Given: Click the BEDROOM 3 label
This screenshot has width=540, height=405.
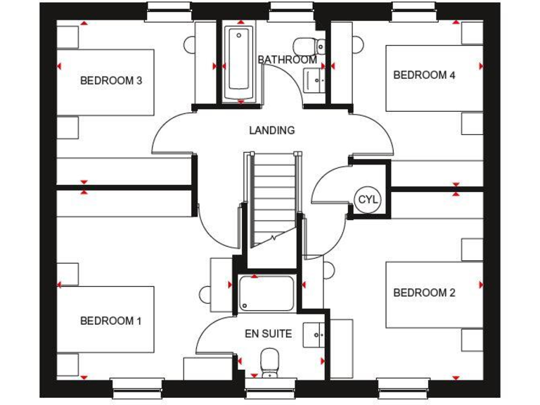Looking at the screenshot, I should [111, 81].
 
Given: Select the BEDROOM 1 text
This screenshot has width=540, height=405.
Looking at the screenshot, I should [111, 321].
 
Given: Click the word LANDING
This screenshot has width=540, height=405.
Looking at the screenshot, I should [271, 131].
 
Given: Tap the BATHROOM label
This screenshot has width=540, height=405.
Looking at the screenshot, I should [287, 60].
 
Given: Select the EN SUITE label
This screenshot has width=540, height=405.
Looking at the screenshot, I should [268, 335].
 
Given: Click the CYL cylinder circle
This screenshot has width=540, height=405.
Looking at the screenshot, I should [368, 200].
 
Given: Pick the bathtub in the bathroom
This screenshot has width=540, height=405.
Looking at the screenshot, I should [239, 62].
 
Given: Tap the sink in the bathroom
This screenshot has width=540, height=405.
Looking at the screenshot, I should [317, 79].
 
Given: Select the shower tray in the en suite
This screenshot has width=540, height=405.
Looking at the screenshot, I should [266, 293].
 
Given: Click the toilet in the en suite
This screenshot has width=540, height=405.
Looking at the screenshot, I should [269, 363].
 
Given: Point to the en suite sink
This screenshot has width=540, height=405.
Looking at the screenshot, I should [314, 334].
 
